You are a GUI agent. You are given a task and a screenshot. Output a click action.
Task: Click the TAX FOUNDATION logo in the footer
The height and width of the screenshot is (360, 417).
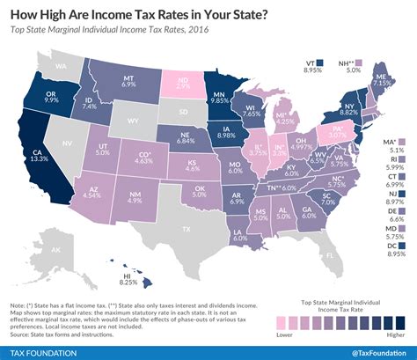(44, 349)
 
